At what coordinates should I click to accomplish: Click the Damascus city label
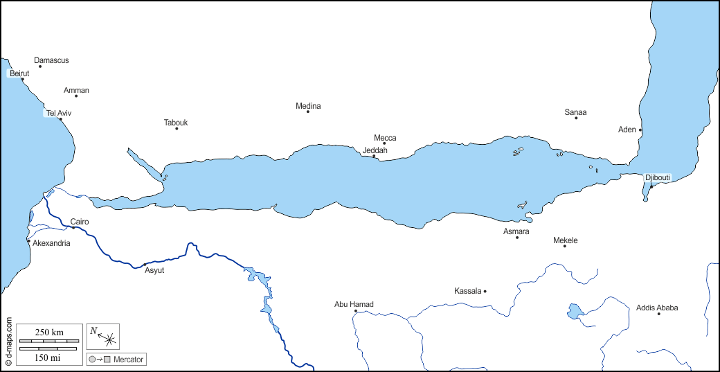tap(51, 60)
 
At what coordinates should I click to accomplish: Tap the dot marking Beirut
tap(23, 79)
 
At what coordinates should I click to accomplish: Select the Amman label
tap(76, 90)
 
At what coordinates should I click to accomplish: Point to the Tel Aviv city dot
tap(60, 119)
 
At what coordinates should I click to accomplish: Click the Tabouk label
tap(176, 123)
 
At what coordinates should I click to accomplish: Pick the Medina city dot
tap(308, 112)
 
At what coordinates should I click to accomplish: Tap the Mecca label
tap(385, 138)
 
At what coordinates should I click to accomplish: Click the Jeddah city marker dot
tap(374, 156)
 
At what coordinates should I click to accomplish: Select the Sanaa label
tap(575, 112)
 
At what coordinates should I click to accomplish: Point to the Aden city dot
tap(640, 130)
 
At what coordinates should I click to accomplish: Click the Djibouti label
tap(658, 177)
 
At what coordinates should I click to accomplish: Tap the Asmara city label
tap(516, 231)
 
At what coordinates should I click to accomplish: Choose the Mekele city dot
tap(565, 246)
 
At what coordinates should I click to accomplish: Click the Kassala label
tap(467, 291)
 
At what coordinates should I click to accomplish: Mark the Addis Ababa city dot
tap(658, 314)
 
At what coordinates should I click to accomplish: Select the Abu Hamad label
tap(354, 304)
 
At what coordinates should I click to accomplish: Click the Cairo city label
tap(80, 222)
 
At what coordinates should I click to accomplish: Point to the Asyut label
tap(154, 270)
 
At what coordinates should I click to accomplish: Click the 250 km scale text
tap(49, 333)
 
